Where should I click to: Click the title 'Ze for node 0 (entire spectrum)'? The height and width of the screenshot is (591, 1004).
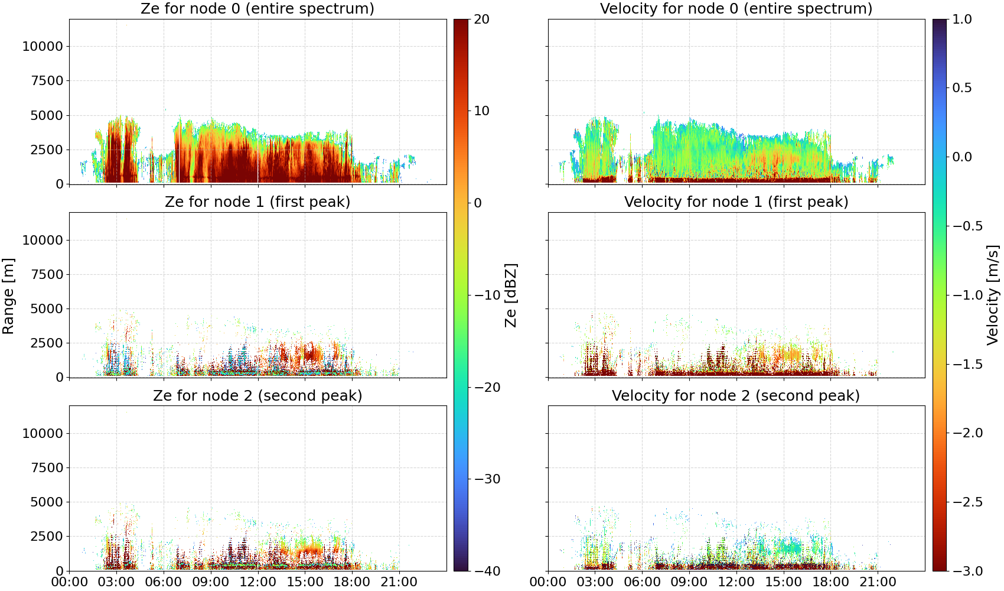(257, 8)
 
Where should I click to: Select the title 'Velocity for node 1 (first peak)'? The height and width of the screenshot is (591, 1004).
(736, 202)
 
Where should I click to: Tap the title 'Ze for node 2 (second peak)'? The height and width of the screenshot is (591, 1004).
(257, 395)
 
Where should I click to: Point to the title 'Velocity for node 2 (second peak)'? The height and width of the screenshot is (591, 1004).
(736, 395)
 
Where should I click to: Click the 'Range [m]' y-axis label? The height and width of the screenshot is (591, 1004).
(8, 296)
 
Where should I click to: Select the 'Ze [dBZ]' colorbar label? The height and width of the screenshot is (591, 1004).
(510, 295)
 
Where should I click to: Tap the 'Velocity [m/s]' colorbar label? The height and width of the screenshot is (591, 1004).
(993, 295)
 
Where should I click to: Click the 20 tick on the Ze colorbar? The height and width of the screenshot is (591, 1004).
(481, 20)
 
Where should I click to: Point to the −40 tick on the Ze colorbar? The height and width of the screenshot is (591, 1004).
(487, 571)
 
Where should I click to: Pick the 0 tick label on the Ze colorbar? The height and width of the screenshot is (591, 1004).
(477, 203)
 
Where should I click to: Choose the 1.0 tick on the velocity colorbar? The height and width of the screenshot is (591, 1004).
(962, 20)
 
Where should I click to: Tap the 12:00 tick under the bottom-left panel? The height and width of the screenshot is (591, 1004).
(257, 582)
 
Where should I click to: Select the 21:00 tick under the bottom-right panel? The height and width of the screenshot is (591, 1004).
(878, 582)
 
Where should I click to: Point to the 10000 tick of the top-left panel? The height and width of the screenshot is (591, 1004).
(43, 46)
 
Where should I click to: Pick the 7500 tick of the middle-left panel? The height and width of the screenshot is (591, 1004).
(47, 274)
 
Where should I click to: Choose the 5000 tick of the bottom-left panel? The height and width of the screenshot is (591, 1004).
(47, 502)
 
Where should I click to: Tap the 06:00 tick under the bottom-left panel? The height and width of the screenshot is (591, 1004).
(164, 582)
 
